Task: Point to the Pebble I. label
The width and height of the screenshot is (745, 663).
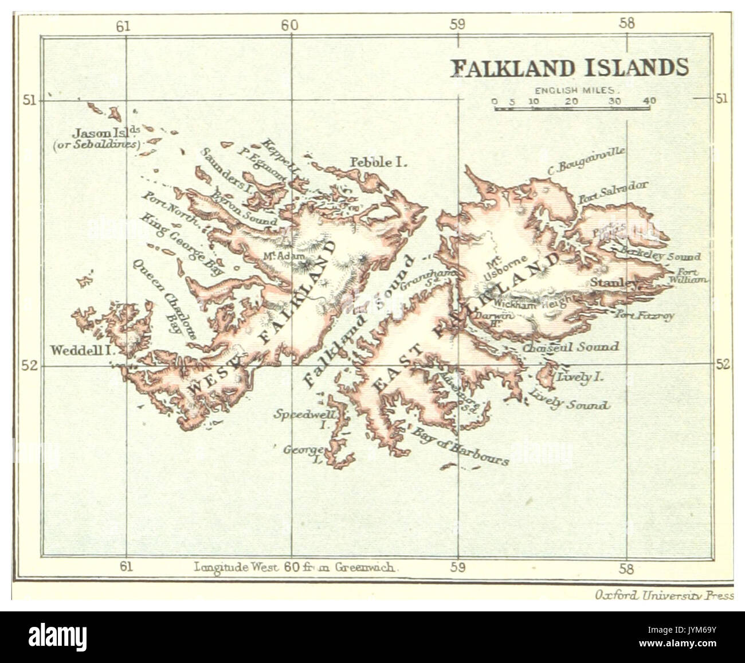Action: [378, 163]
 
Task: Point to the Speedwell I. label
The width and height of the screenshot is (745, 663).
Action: [304, 418]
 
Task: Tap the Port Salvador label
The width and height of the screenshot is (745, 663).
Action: [613, 193]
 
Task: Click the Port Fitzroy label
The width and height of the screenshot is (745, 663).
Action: [645, 314]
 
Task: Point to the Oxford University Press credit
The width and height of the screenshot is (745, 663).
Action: [664, 596]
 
